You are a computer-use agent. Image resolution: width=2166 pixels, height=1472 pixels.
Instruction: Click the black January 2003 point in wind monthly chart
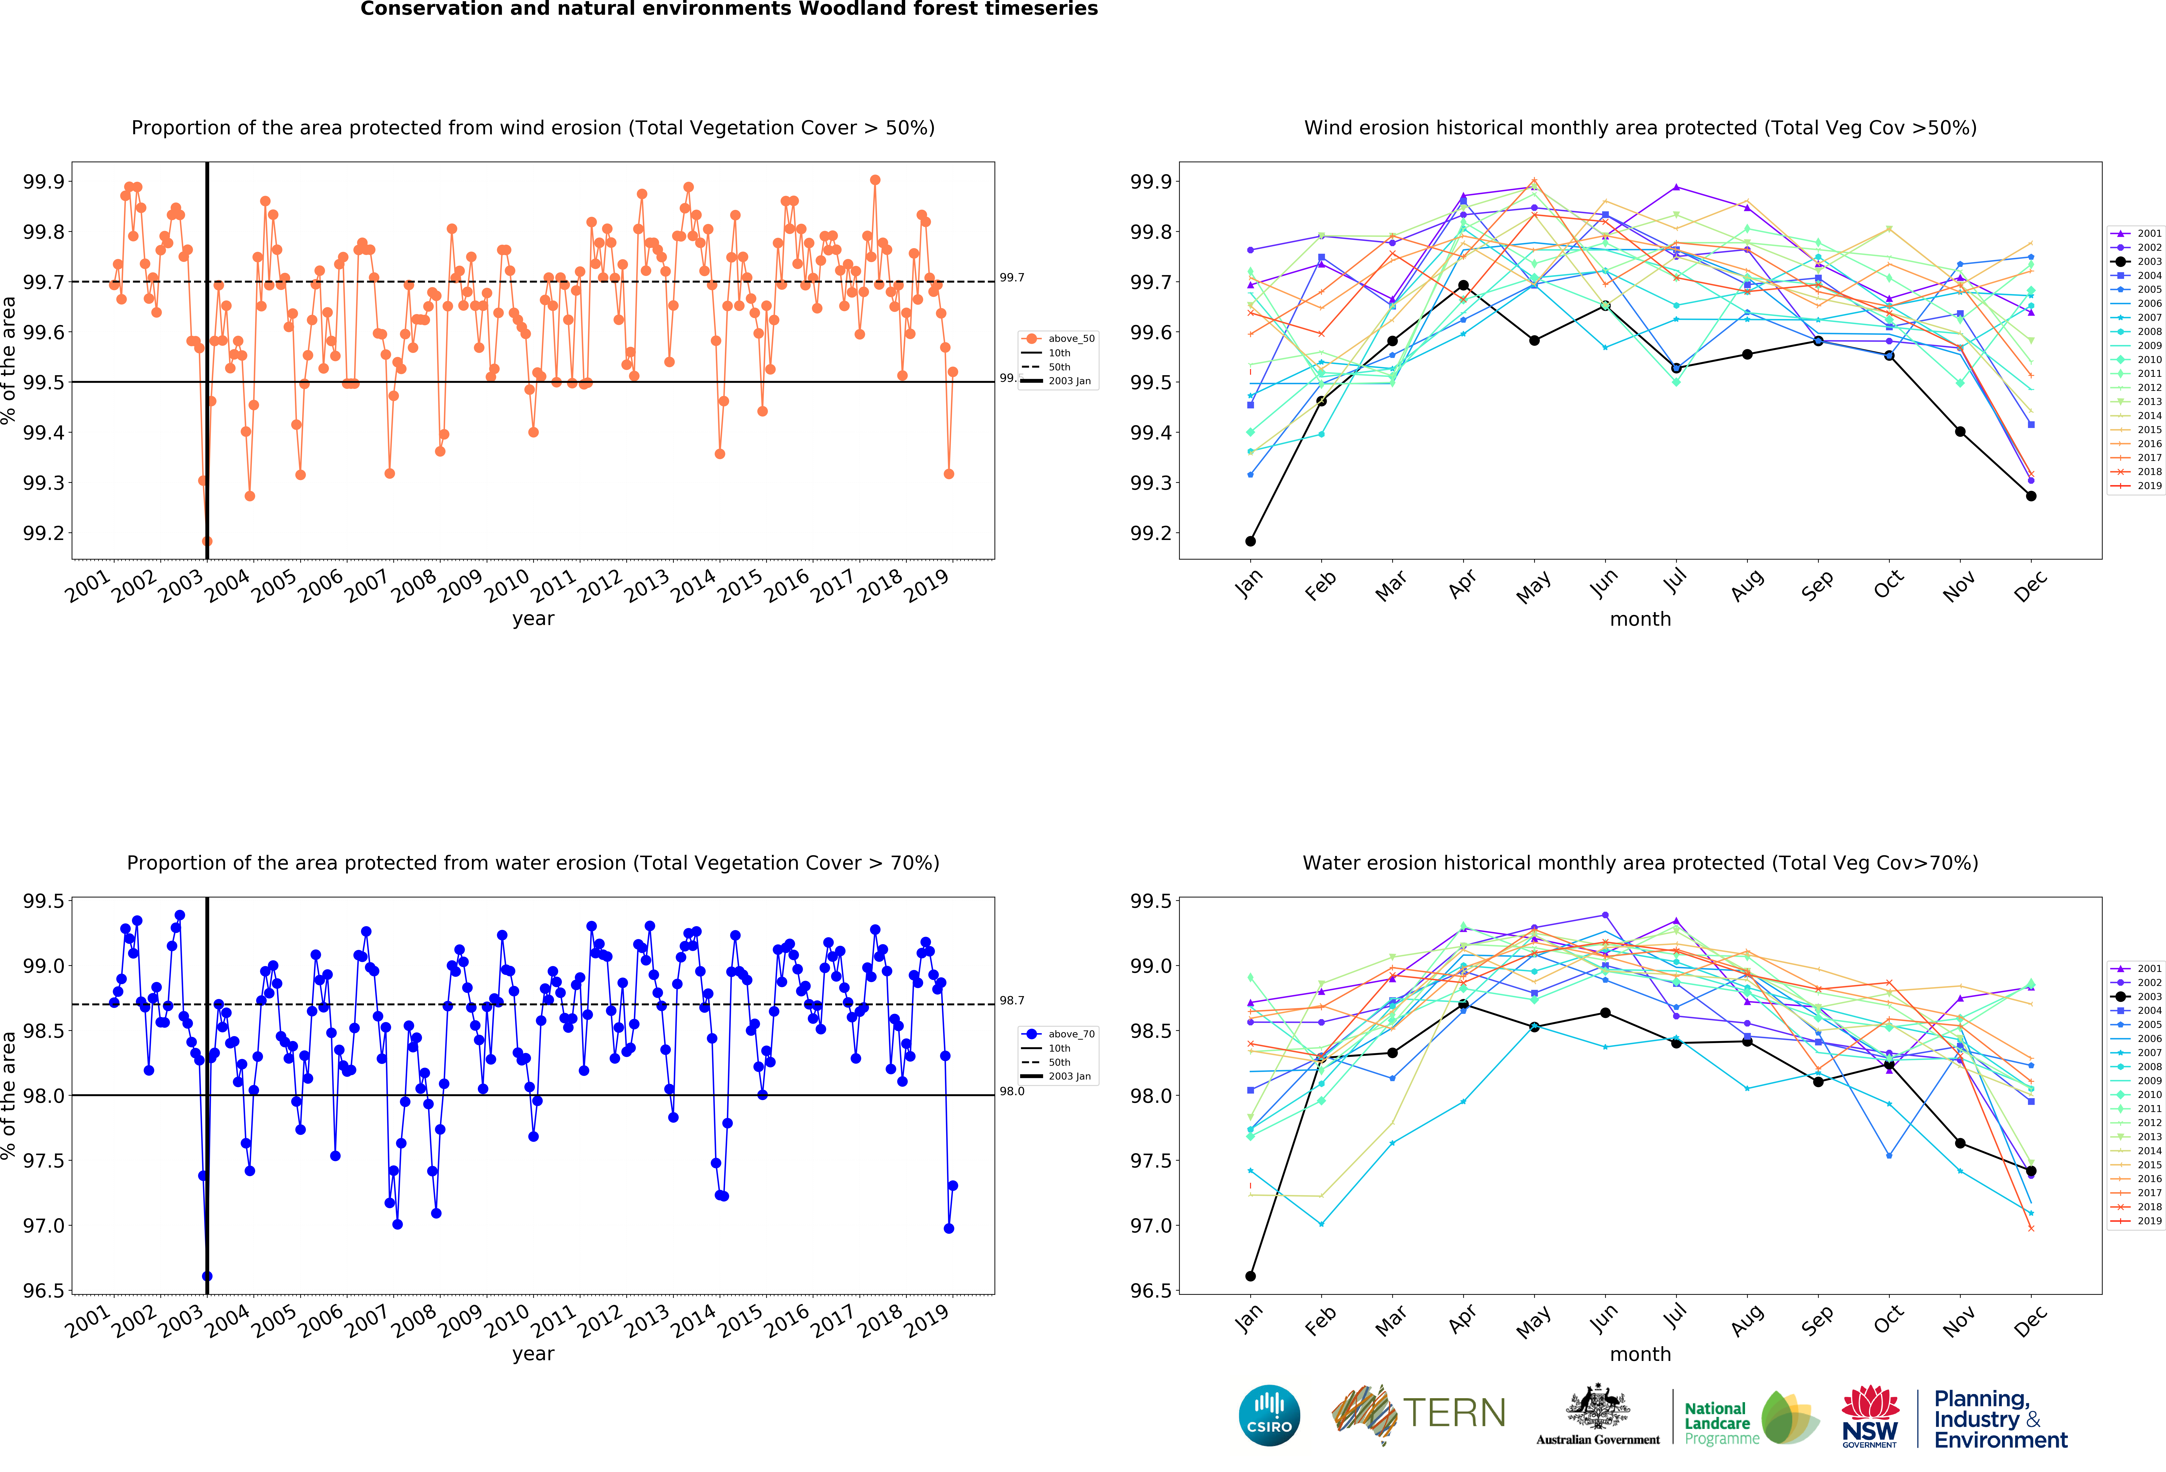(1250, 541)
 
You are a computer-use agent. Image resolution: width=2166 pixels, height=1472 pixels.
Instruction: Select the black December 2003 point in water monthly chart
(2031, 1171)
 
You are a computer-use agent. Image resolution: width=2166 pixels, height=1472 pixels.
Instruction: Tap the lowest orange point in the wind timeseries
(207, 541)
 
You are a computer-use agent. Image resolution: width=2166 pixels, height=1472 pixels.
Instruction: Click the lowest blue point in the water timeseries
(207, 1276)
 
